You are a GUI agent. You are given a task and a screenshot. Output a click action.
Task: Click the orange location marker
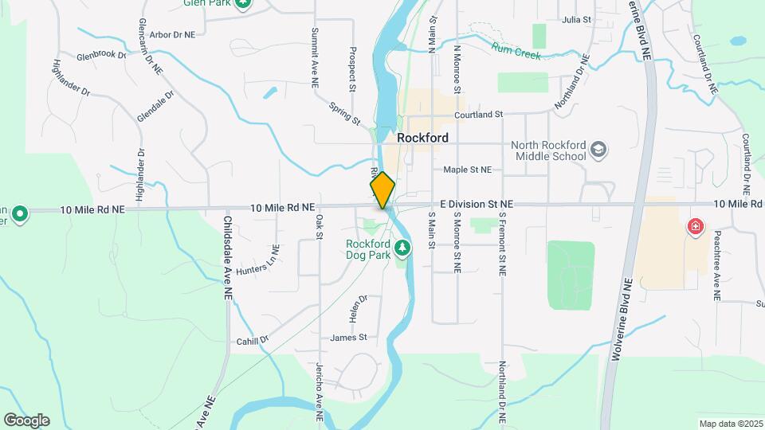[382, 190]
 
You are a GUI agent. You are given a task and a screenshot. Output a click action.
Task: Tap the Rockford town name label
[422, 138]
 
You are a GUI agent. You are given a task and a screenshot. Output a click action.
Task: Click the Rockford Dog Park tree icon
[403, 249]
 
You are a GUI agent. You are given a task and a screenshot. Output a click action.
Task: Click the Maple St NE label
[468, 169]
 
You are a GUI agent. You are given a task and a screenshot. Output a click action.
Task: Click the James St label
[348, 338]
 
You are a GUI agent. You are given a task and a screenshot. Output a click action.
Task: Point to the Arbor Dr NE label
[172, 35]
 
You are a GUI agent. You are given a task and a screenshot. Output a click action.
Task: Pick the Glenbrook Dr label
[101, 56]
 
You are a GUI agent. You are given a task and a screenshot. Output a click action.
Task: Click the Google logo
[26, 420]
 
